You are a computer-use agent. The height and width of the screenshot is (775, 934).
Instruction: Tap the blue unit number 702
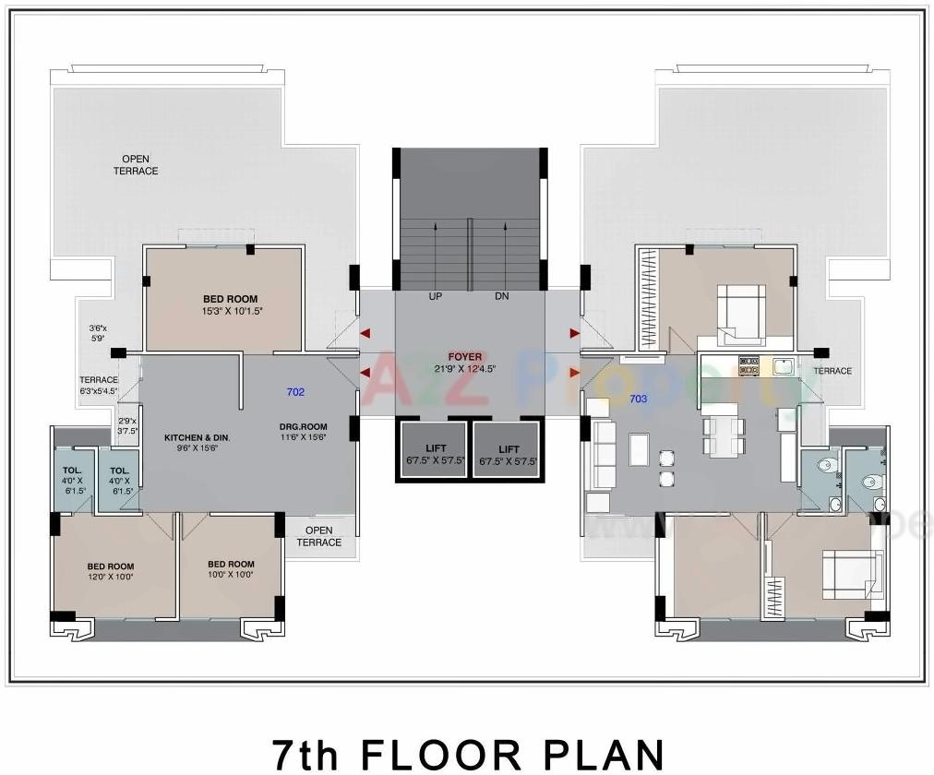coord(295,392)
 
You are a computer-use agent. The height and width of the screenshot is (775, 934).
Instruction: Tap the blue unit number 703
coord(638,399)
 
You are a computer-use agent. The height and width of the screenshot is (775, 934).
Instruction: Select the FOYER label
coord(465,356)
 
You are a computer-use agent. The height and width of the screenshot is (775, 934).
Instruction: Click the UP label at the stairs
coord(436,296)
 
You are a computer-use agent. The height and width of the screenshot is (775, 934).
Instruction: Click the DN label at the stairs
coord(502,296)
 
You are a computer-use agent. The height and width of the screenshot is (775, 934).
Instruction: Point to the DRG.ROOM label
coord(304,427)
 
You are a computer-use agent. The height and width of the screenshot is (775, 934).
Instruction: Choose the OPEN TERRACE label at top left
coord(136,165)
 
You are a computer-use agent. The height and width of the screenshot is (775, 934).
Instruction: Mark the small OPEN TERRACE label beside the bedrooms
coord(318,536)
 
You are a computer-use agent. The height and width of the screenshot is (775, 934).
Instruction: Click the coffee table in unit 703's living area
coord(639,449)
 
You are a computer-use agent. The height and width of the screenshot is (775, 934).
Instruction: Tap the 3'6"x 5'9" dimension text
coord(98,333)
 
